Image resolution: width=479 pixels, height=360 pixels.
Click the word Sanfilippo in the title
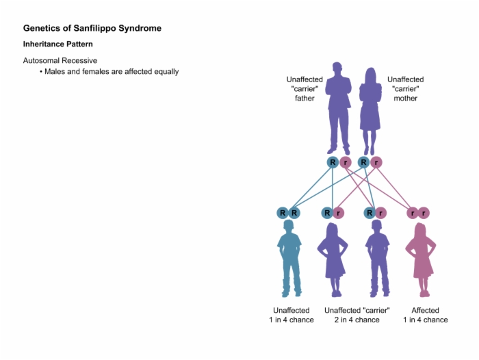click(94, 28)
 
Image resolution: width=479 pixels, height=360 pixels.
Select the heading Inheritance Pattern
click(58, 44)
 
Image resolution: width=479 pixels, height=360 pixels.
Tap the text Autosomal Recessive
click(60, 60)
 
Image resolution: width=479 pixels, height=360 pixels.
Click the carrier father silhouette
click(338, 109)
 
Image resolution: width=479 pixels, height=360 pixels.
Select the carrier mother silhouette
click(370, 112)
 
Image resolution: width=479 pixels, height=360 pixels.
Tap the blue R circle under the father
click(333, 162)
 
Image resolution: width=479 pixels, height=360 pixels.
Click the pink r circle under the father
click(346, 162)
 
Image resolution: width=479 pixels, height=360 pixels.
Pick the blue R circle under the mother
click(364, 162)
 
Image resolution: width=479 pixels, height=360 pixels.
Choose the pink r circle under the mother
click(376, 162)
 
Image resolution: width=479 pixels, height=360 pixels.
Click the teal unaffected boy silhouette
click(289, 258)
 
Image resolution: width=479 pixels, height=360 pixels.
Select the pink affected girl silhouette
click(421, 260)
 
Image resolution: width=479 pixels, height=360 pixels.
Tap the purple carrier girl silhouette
click(333, 260)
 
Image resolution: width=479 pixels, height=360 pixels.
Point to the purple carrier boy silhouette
click(378, 258)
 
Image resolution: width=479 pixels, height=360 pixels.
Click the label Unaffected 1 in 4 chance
click(292, 315)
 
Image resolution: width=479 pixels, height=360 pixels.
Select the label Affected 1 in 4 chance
click(425, 315)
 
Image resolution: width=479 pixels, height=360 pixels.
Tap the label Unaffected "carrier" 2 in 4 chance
click(357, 315)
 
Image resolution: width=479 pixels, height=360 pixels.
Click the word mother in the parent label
click(405, 99)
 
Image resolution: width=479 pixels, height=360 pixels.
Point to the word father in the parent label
click(305, 99)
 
